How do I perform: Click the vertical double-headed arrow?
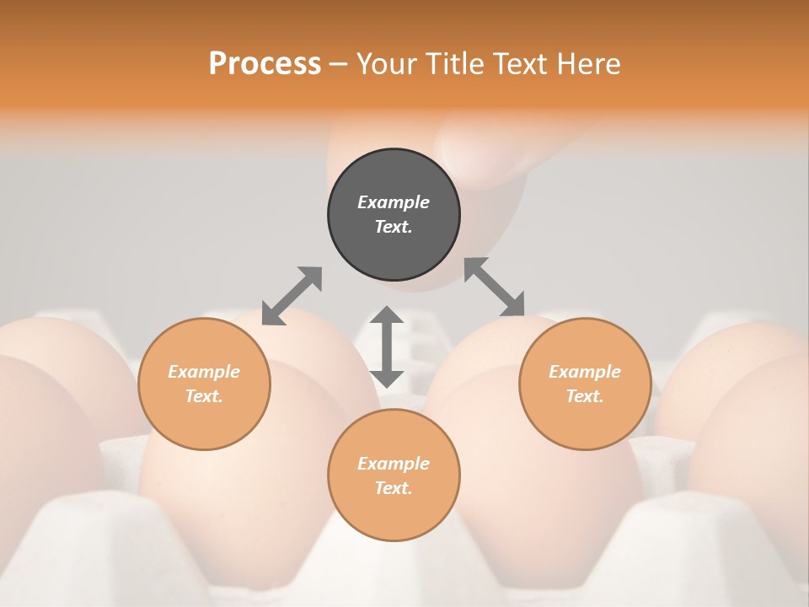point(387,346)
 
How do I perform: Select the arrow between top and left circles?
point(292,295)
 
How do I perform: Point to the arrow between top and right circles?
point(494,287)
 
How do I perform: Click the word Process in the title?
point(265,64)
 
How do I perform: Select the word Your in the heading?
point(388,64)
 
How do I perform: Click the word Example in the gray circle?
point(394,202)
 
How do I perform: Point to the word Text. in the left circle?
point(204,396)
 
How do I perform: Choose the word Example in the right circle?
point(585,372)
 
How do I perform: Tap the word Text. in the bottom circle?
point(394,488)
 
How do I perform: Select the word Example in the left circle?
point(204,372)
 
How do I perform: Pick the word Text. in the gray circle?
point(394,227)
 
